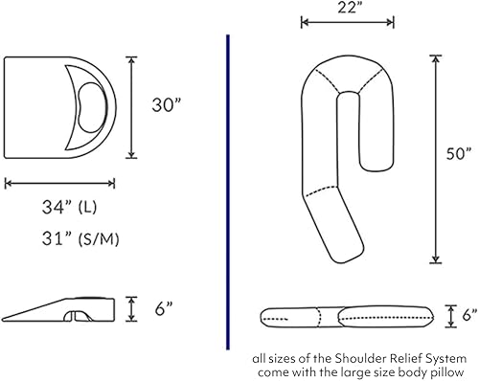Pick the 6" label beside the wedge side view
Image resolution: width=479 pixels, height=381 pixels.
[163, 307]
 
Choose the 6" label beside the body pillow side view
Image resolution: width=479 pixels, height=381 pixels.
[467, 314]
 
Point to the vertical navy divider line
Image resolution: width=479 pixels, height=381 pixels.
[227, 191]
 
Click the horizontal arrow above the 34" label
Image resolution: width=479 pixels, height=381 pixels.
[59, 182]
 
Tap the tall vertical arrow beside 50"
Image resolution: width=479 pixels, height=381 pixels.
[435, 159]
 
